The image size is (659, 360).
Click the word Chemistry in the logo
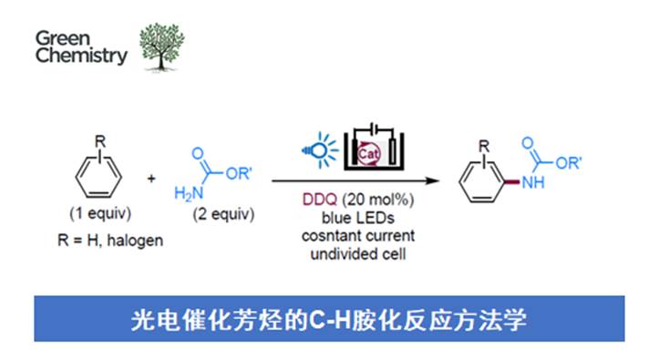82,57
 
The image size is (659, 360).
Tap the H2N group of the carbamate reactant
185,193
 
